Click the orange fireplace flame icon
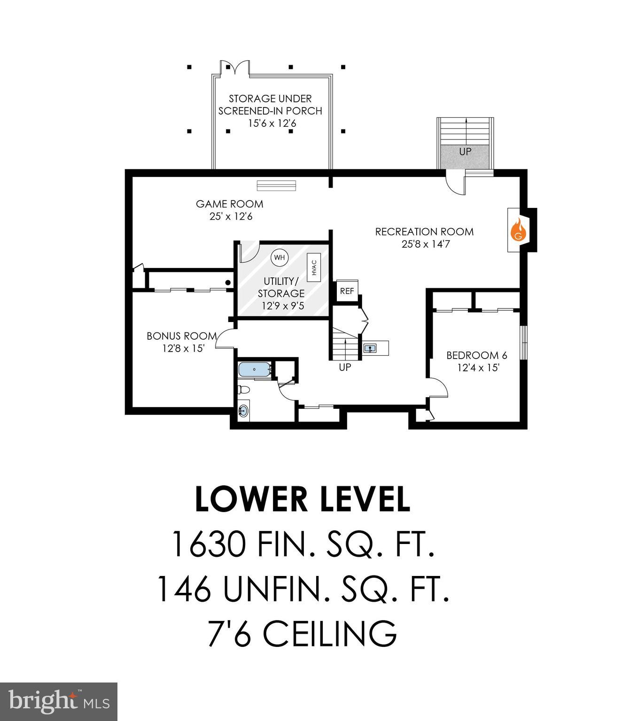click(x=518, y=230)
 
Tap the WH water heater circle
click(x=279, y=257)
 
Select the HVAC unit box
click(x=314, y=268)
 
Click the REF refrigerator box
click(x=347, y=291)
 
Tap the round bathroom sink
click(x=243, y=411)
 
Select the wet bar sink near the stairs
click(x=371, y=348)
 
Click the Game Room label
click(x=229, y=204)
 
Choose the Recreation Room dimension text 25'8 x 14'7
click(x=424, y=244)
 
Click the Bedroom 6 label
click(x=476, y=355)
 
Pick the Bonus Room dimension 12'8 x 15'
click(x=183, y=348)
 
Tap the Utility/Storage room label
click(x=281, y=287)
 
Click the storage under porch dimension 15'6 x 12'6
click(x=270, y=123)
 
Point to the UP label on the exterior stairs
click(x=466, y=152)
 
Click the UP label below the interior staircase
click(x=345, y=367)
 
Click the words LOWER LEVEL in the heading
click(x=303, y=499)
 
